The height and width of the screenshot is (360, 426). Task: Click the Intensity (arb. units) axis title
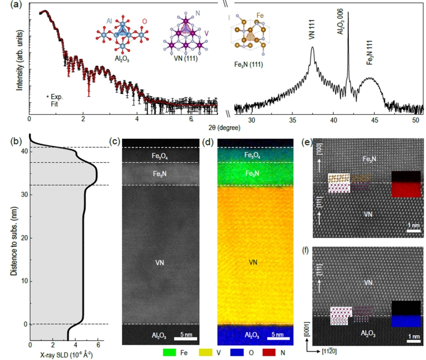[20, 58]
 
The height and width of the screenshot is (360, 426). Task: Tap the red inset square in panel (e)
[406, 190]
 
